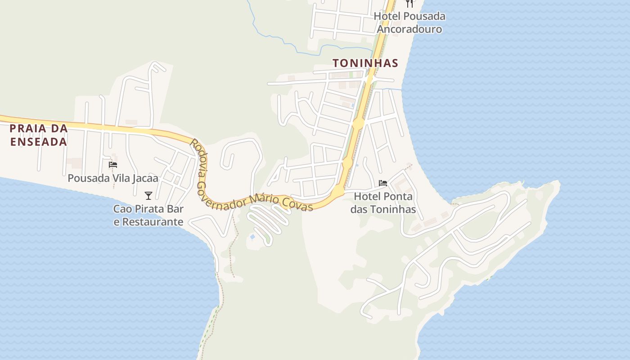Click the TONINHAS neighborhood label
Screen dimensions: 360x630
(365, 63)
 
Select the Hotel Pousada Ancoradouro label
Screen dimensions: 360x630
(409, 22)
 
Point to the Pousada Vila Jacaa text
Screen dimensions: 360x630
(113, 178)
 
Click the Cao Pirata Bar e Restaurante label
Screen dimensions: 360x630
(148, 215)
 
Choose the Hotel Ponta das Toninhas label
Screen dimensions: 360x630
(383, 202)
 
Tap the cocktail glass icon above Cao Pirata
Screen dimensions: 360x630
(148, 195)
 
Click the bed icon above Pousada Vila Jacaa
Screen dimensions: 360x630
(113, 165)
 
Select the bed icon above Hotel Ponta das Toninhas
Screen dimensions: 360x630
(383, 183)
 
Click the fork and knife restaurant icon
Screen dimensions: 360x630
(409, 4)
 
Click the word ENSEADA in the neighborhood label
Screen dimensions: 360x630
(39, 142)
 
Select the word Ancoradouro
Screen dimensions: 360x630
(409, 29)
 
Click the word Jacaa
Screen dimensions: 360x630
(145, 178)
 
